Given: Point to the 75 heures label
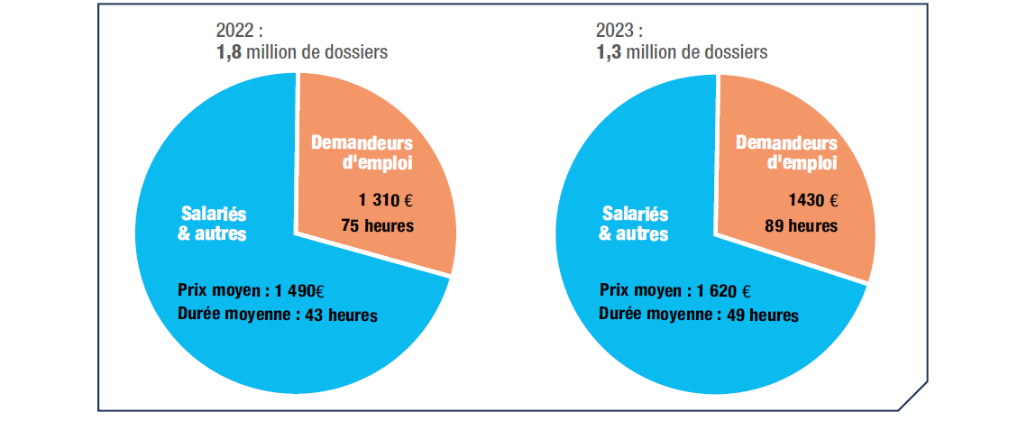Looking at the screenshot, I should click(x=377, y=225).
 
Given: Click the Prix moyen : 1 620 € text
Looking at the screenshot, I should click(x=675, y=292).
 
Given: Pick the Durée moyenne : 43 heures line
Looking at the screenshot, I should click(x=278, y=316).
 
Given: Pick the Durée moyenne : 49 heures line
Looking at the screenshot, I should click(x=698, y=316).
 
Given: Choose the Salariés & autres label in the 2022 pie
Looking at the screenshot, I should click(x=212, y=224).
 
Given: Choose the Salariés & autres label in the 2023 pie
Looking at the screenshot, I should click(x=634, y=224).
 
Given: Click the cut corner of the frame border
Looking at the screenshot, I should click(x=913, y=396).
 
